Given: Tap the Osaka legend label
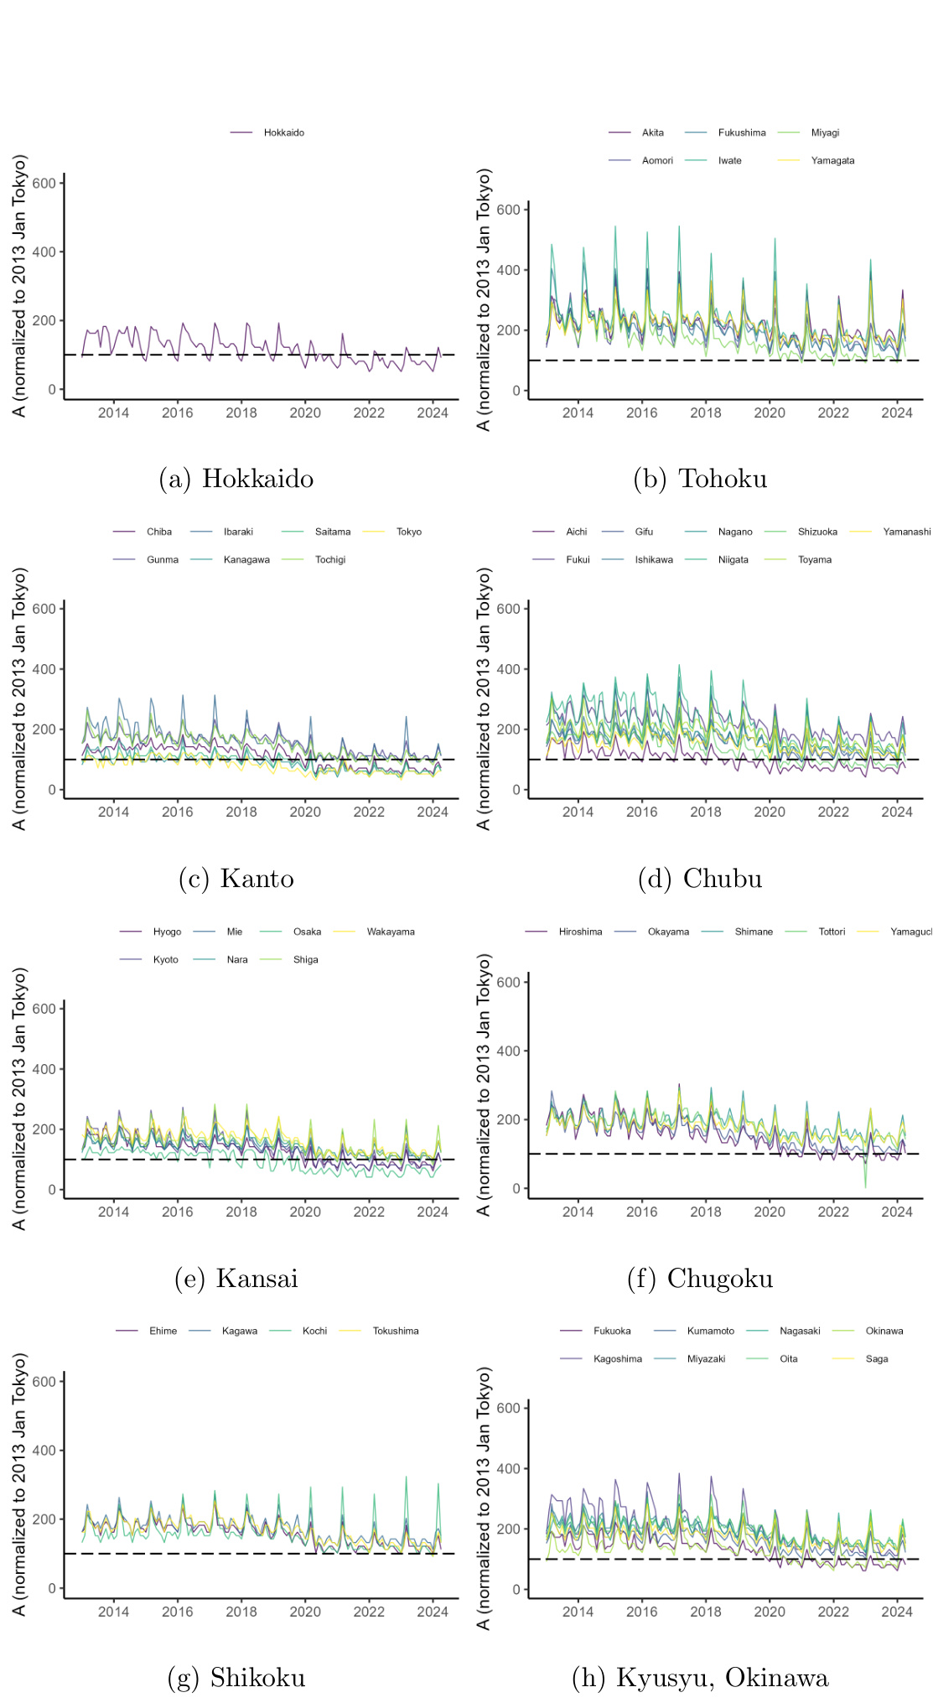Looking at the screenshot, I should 307,932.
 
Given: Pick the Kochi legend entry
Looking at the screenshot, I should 314,1331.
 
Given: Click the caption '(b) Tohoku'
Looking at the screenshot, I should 700,479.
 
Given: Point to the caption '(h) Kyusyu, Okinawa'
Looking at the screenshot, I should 700,1678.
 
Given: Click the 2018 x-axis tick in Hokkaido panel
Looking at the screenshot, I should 241,413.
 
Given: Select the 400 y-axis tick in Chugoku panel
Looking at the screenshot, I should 507,1051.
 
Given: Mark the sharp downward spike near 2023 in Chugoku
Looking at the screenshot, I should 866,1186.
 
